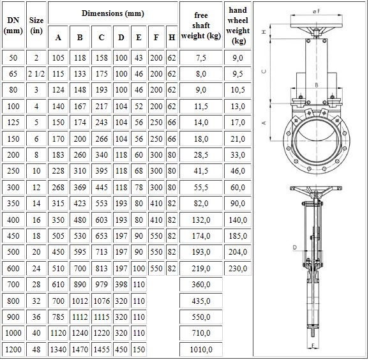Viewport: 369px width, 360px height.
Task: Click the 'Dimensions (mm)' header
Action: (113, 13)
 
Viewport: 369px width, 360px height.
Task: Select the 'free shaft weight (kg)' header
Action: (201, 26)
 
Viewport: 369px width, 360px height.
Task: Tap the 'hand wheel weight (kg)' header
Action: (237, 26)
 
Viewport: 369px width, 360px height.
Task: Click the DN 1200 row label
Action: (13, 349)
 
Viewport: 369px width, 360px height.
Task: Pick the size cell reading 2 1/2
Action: (36, 74)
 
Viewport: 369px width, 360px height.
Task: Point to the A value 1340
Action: (58, 349)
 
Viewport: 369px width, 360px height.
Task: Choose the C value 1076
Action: (102, 301)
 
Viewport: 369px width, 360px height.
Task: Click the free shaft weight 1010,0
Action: (201, 349)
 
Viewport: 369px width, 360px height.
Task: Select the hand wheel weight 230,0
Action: (237, 268)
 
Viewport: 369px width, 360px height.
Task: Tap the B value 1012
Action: (80, 301)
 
